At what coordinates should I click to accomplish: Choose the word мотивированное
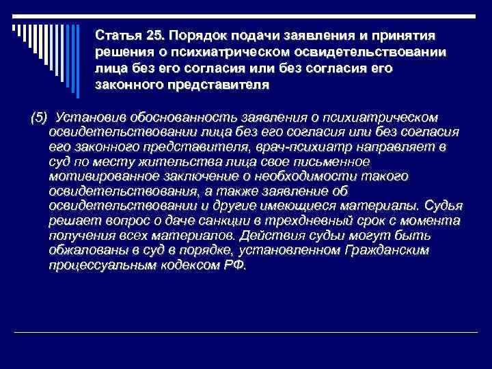(98, 176)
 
